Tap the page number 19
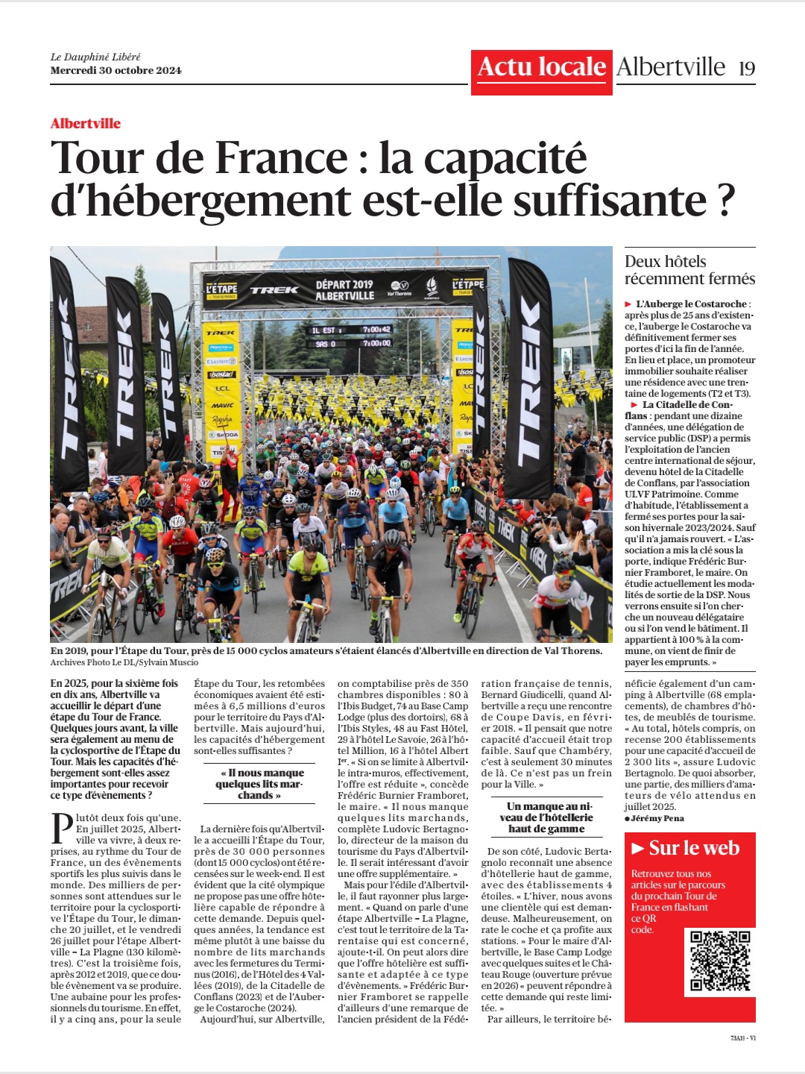[x=747, y=69]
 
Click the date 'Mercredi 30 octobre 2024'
[x=116, y=71]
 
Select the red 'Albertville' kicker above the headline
[x=86, y=124]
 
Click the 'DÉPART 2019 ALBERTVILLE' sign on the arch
[x=344, y=290]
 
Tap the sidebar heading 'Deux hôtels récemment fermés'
[x=689, y=270]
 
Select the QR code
[x=719, y=961]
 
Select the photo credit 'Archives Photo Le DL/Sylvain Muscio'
[x=124, y=662]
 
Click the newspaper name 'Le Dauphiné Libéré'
[x=95, y=57]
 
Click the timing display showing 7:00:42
[x=376, y=330]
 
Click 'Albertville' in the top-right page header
[x=671, y=68]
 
